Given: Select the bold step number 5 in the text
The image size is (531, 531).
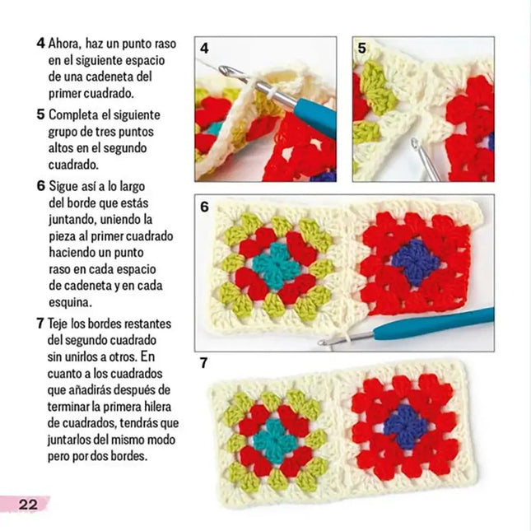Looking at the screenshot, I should click(x=40, y=114).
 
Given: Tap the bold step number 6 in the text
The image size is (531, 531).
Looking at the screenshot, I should click(x=40, y=185).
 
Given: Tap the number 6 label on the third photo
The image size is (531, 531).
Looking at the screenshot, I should click(x=204, y=207).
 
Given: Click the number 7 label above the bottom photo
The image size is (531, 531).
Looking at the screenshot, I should click(x=204, y=363).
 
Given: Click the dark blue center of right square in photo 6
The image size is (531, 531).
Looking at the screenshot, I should click(x=415, y=263).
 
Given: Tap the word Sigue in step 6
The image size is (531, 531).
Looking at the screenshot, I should click(x=64, y=185).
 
